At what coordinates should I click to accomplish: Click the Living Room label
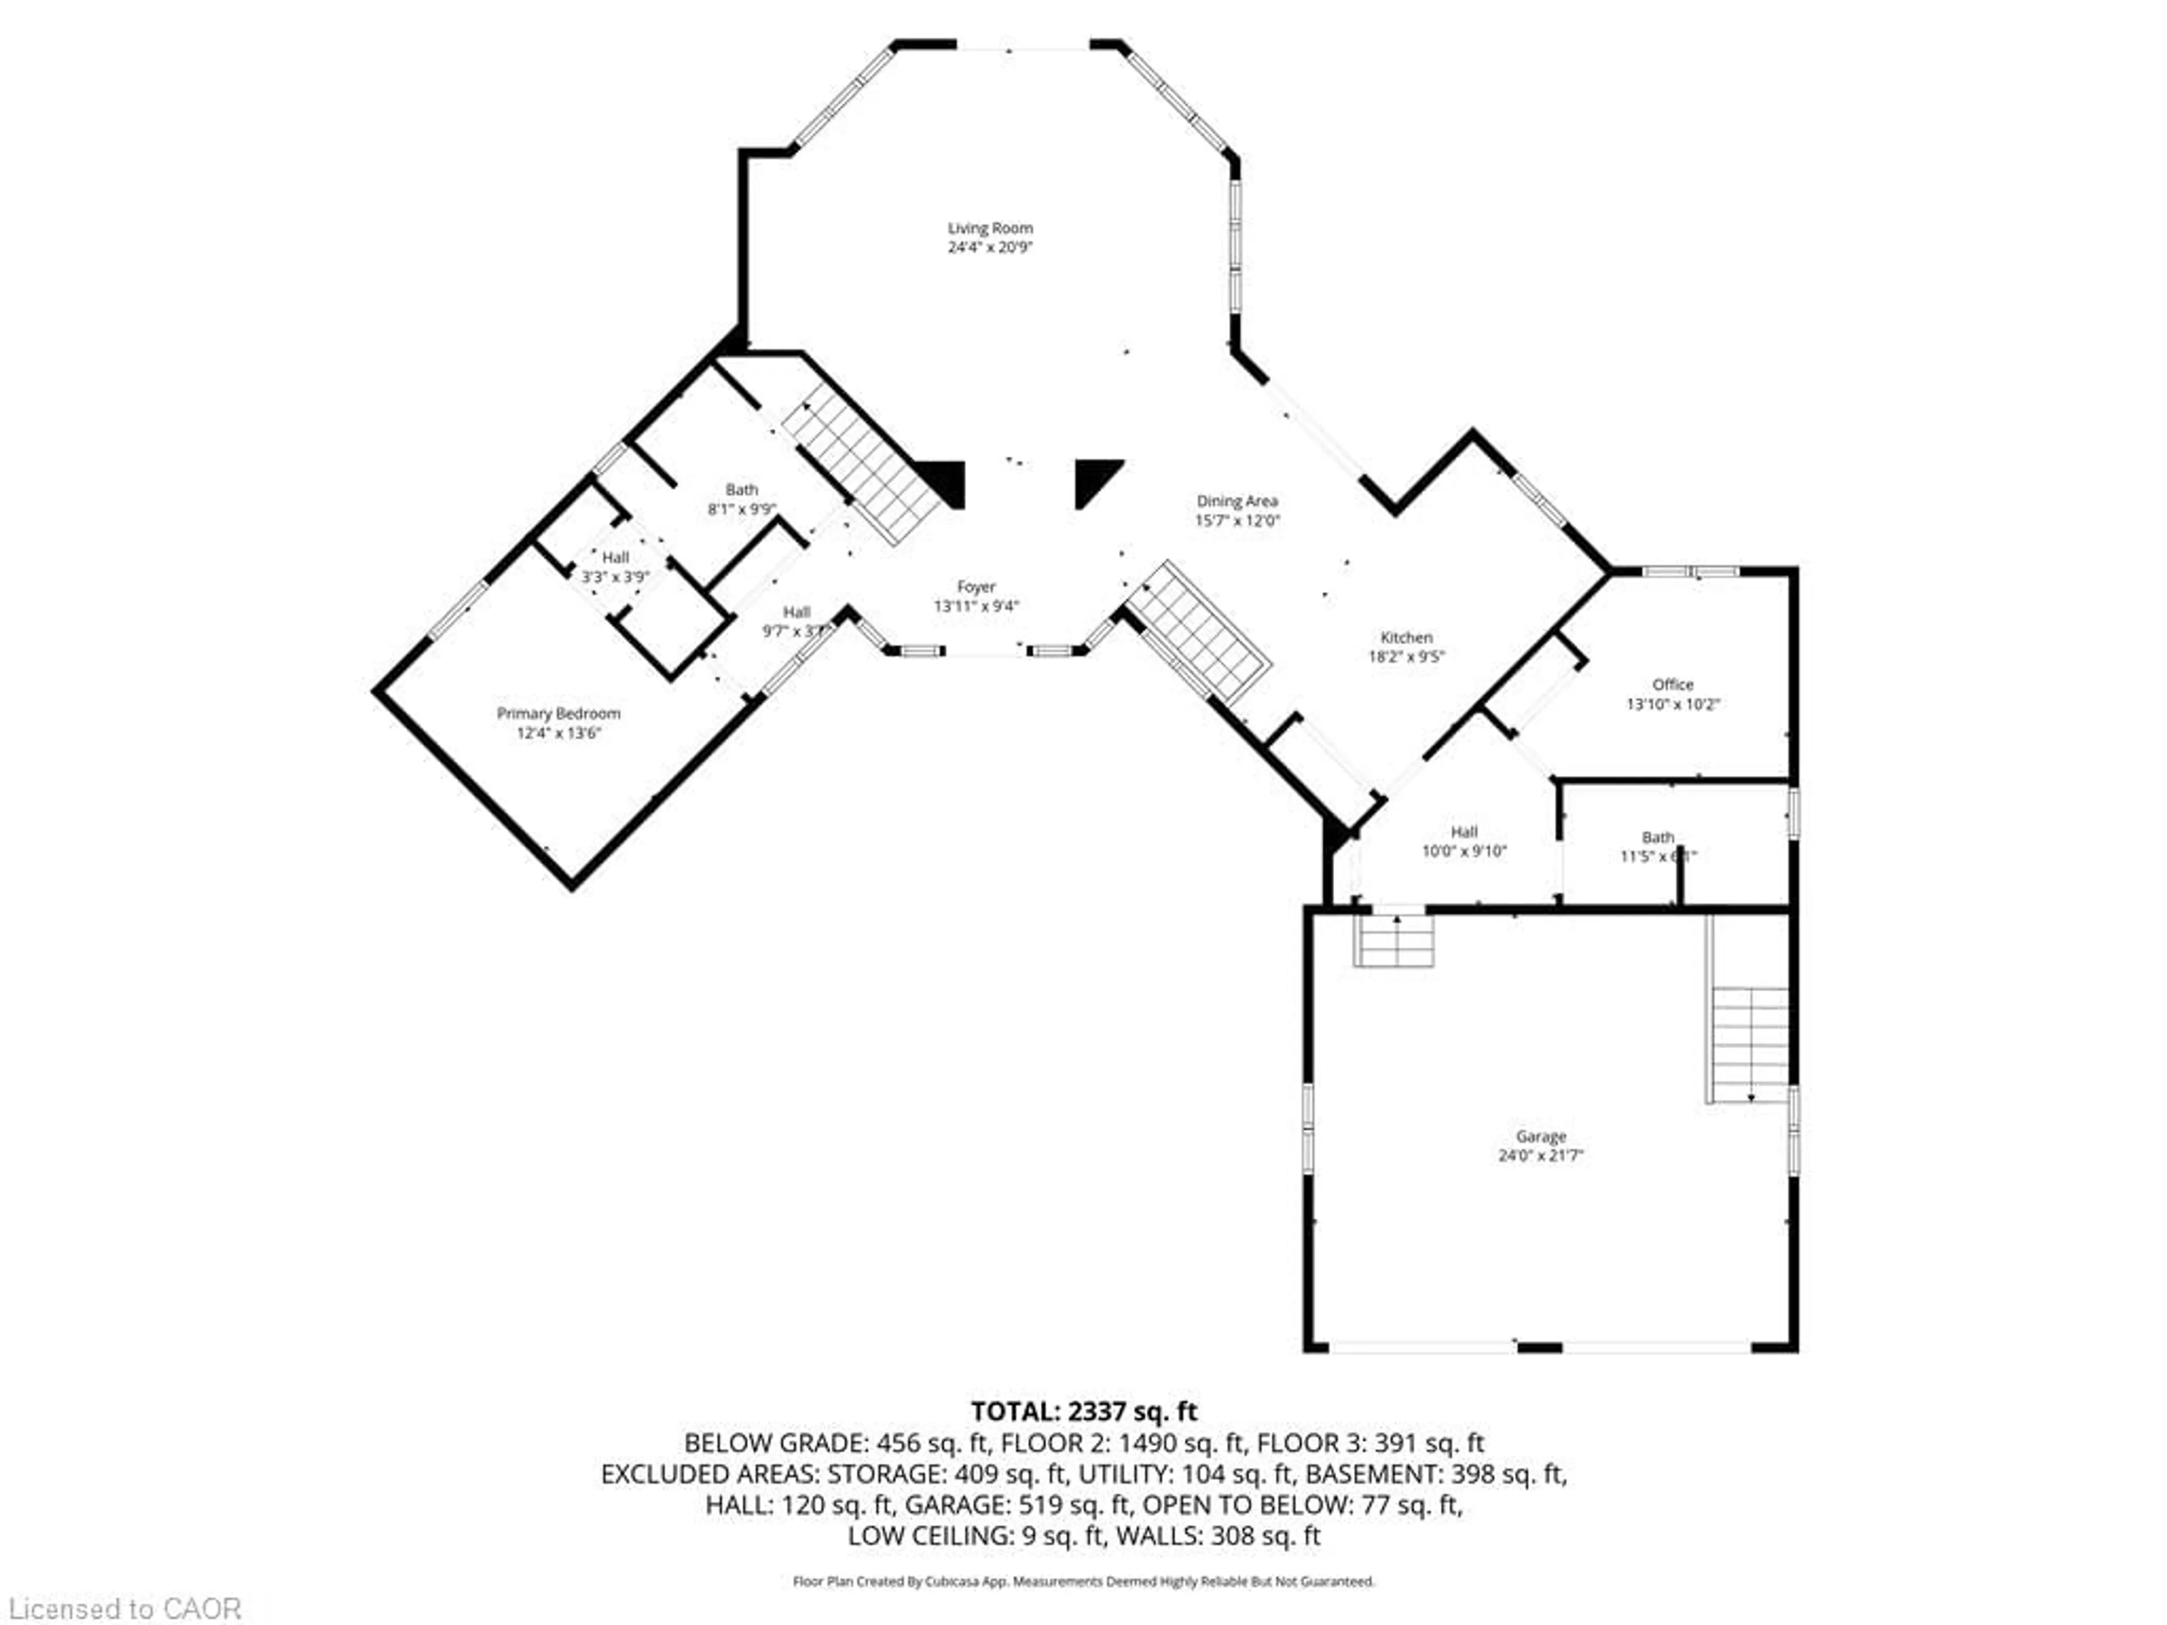989,228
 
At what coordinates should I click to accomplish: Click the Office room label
1672,684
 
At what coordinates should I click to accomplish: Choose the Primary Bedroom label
559,713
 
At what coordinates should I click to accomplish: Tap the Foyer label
976,587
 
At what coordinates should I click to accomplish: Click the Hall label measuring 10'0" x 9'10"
1464,832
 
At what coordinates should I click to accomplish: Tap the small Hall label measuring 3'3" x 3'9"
615,557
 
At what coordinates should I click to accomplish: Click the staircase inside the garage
1749,1043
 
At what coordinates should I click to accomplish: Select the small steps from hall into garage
1393,942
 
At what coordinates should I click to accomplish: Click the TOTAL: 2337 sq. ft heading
1083,1412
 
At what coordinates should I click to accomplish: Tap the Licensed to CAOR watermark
124,1608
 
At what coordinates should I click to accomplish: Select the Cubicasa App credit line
1083,1581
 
